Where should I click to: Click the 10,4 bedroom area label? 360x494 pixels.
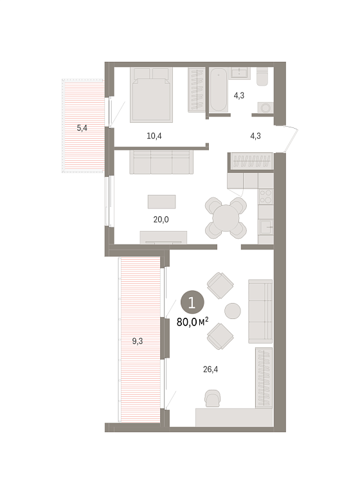[154, 136]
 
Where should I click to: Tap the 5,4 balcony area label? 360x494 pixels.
[82, 128]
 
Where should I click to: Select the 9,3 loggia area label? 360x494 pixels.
[138, 341]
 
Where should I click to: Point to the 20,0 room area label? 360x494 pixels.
[161, 219]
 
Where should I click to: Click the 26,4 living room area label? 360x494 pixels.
[210, 369]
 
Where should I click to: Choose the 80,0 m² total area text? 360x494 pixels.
[192, 322]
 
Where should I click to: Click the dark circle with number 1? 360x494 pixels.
[192, 302]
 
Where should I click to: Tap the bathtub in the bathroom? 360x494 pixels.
[219, 89]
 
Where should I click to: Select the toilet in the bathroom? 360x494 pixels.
[262, 77]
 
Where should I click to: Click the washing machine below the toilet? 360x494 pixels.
[265, 107]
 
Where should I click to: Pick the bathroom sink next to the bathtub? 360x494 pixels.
[240, 73]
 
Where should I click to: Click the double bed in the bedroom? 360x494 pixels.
[152, 95]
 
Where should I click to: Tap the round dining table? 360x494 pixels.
[226, 218]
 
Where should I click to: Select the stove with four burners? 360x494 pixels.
[265, 197]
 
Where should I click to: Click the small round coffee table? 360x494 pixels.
[233, 311]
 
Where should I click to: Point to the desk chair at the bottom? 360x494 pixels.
[213, 398]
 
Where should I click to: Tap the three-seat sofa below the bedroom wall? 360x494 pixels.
[161, 162]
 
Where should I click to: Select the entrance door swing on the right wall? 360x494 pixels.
[291, 139]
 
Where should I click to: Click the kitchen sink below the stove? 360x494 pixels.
[265, 227]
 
